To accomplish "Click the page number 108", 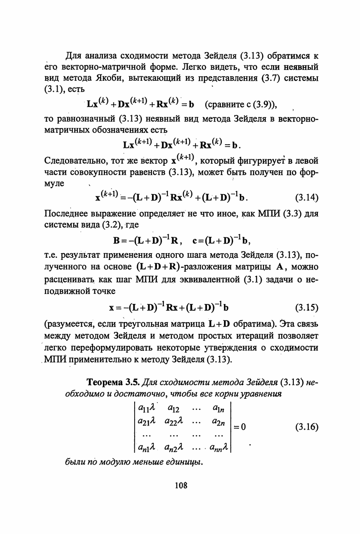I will [x=180, y=485].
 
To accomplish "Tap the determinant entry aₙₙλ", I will [x=220, y=448].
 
